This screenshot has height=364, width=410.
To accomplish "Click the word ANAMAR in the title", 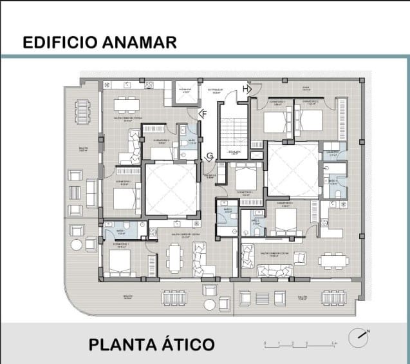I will point(138,43).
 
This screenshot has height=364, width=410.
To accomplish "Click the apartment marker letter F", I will point(204,114).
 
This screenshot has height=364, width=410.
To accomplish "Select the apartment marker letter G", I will point(210,157).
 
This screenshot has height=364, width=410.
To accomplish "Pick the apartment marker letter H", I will point(246,88).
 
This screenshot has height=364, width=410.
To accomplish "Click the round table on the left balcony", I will point(76,244).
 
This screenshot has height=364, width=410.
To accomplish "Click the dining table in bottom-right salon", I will point(333,260).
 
